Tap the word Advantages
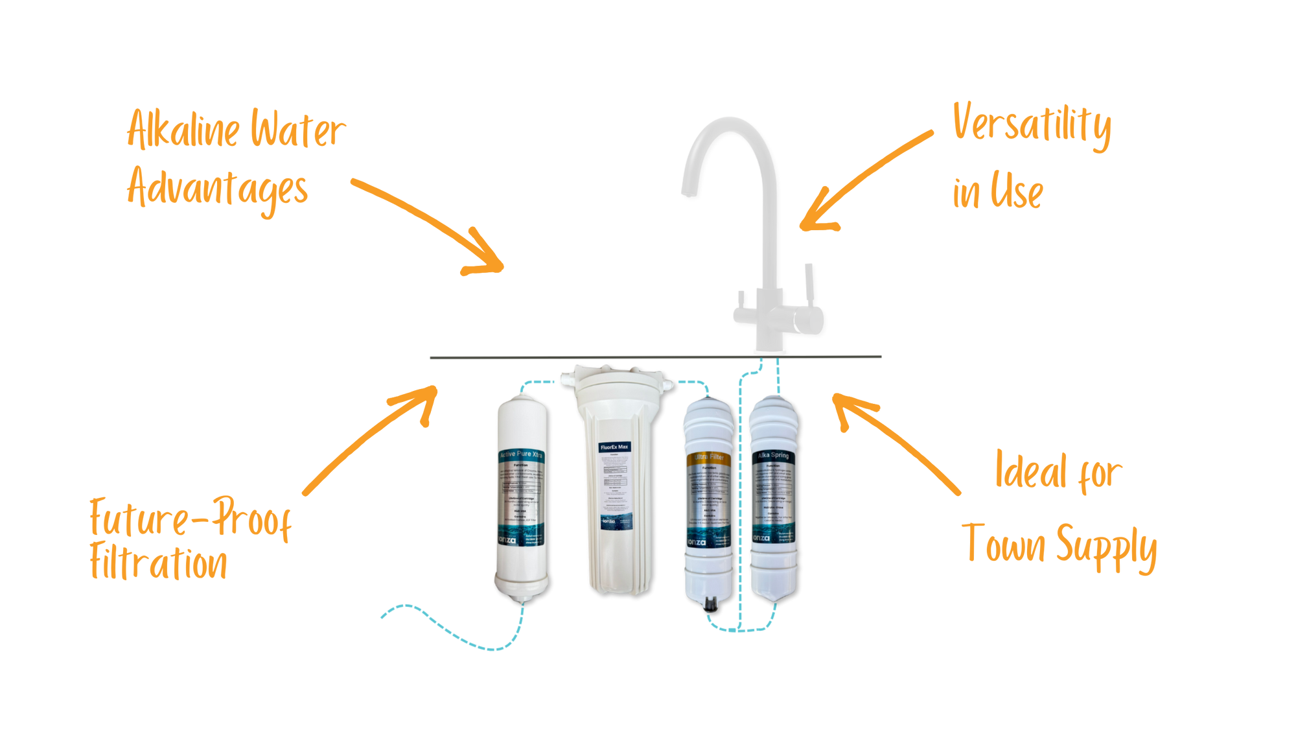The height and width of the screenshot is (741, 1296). (x=217, y=190)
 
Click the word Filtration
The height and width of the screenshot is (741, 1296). (x=159, y=563)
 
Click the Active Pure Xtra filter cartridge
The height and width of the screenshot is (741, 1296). (x=521, y=499)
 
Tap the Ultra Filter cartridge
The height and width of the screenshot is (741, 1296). (x=708, y=499)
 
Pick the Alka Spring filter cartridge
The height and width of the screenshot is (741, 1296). (x=773, y=499)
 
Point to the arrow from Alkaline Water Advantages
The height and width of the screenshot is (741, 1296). (x=428, y=224)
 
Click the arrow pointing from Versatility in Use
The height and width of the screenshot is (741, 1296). (x=862, y=182)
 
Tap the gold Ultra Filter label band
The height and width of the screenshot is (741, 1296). (x=708, y=458)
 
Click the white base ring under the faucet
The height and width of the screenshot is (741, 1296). (x=769, y=351)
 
